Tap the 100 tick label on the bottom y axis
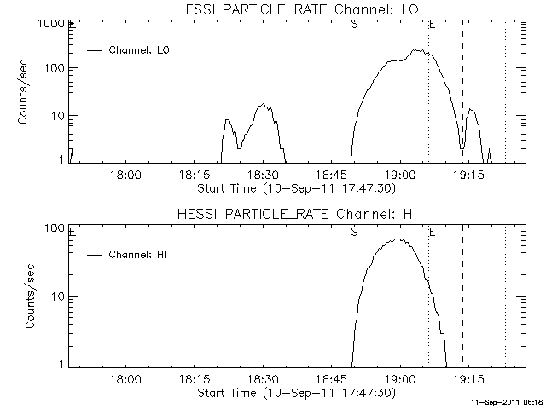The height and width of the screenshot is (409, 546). tap(56, 228)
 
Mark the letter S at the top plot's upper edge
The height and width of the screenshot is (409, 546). tap(354, 25)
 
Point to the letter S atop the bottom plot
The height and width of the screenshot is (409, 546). tap(354, 231)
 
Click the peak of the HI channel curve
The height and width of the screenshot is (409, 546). tap(398, 239)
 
